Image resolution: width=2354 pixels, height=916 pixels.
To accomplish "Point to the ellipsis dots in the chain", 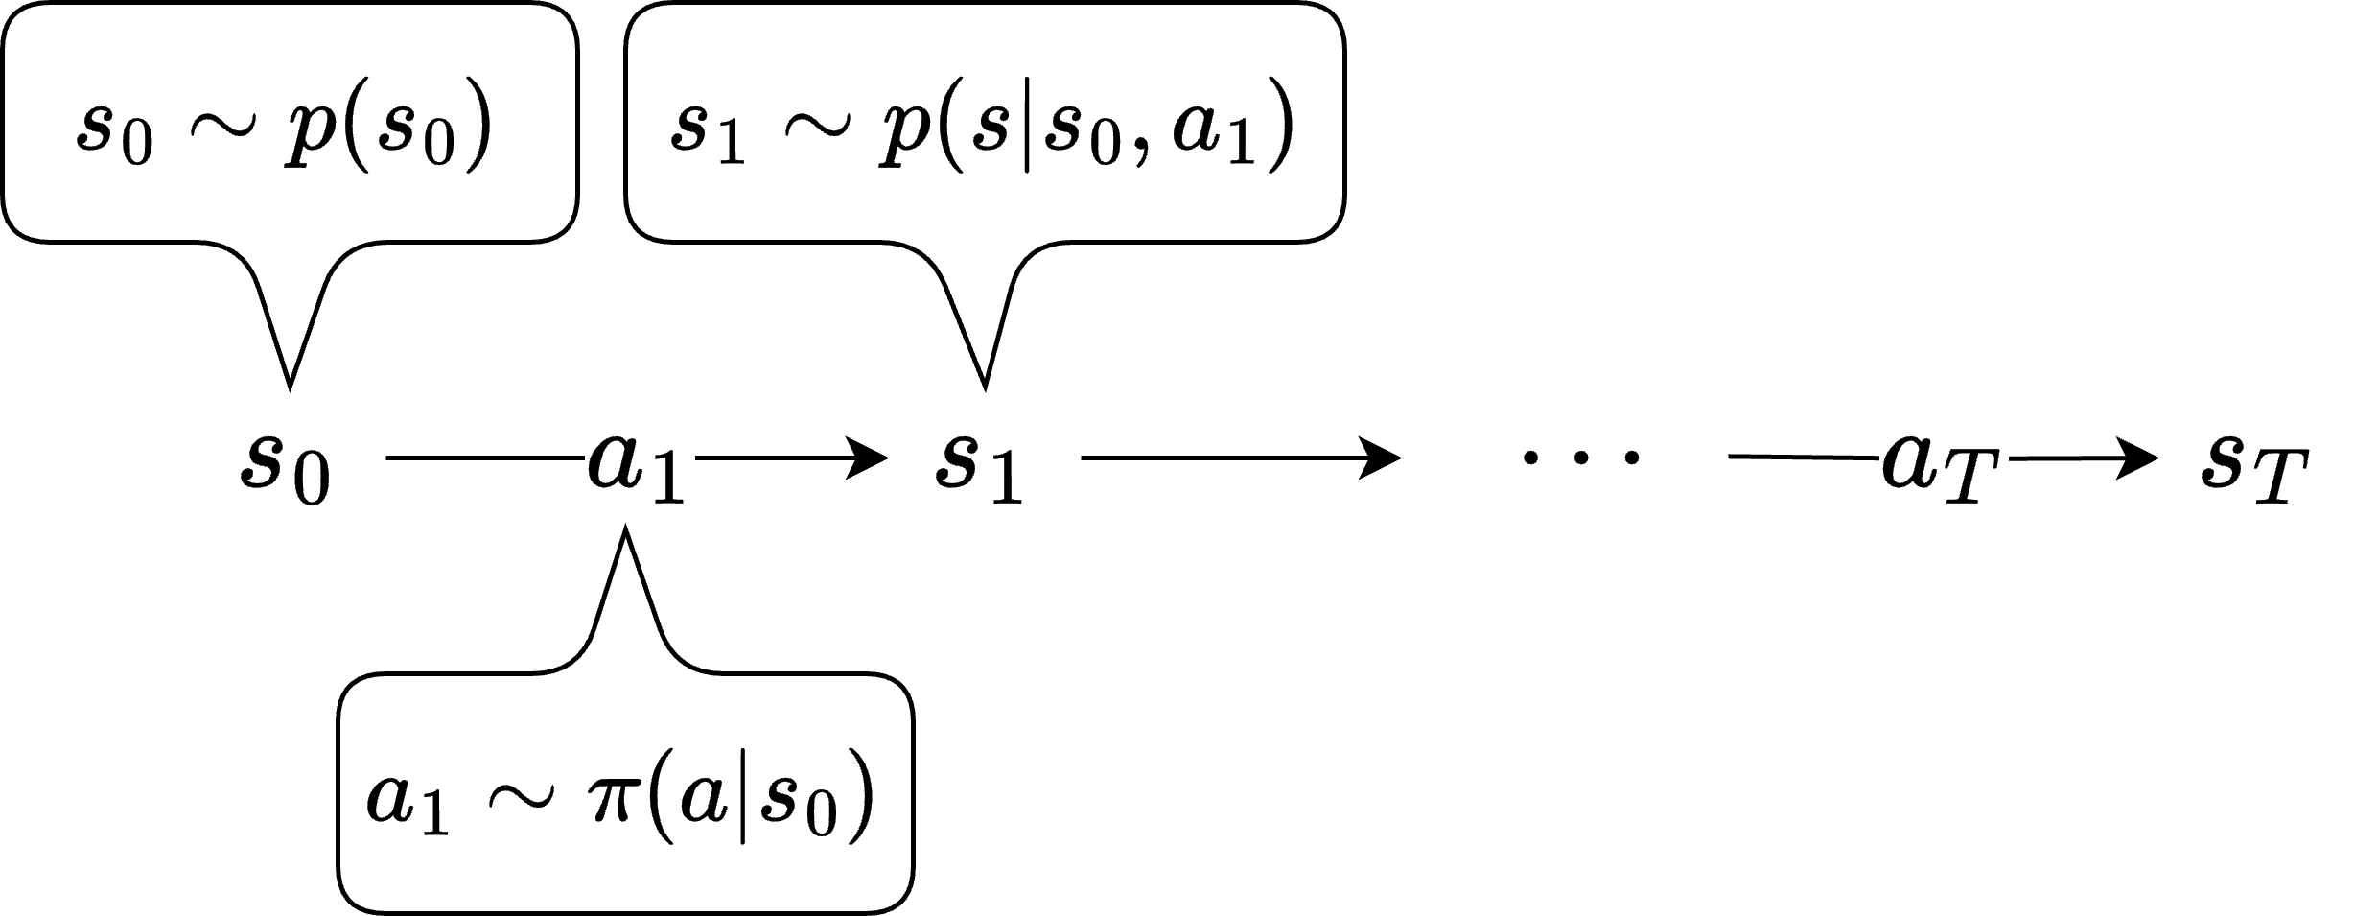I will [x=1580, y=458].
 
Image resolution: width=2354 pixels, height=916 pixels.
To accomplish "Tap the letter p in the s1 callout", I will [x=900, y=134].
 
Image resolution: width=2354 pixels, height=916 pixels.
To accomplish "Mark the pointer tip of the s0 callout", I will [x=290, y=388].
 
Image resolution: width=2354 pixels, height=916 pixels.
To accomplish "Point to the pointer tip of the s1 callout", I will [x=985, y=388].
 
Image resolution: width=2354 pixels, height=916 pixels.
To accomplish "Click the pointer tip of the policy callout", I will [x=625, y=528].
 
